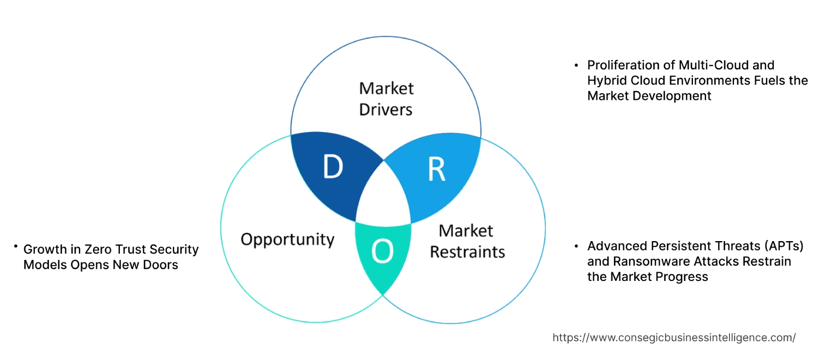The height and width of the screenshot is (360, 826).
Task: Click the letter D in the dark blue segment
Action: click(x=333, y=167)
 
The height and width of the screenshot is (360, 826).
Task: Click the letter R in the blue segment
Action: click(x=436, y=170)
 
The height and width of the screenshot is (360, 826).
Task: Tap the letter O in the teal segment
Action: click(x=382, y=251)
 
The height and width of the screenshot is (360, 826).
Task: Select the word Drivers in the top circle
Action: click(x=385, y=109)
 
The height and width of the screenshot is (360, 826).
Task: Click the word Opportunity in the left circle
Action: click(x=287, y=239)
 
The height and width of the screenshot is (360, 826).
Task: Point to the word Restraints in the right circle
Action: click(x=467, y=252)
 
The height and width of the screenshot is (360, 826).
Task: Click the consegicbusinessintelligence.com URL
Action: click(x=674, y=338)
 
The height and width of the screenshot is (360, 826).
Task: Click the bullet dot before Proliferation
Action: click(x=576, y=65)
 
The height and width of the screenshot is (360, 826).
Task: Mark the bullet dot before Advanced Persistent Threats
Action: click(x=576, y=246)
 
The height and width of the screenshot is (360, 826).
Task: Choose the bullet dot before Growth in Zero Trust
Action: click(x=16, y=248)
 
